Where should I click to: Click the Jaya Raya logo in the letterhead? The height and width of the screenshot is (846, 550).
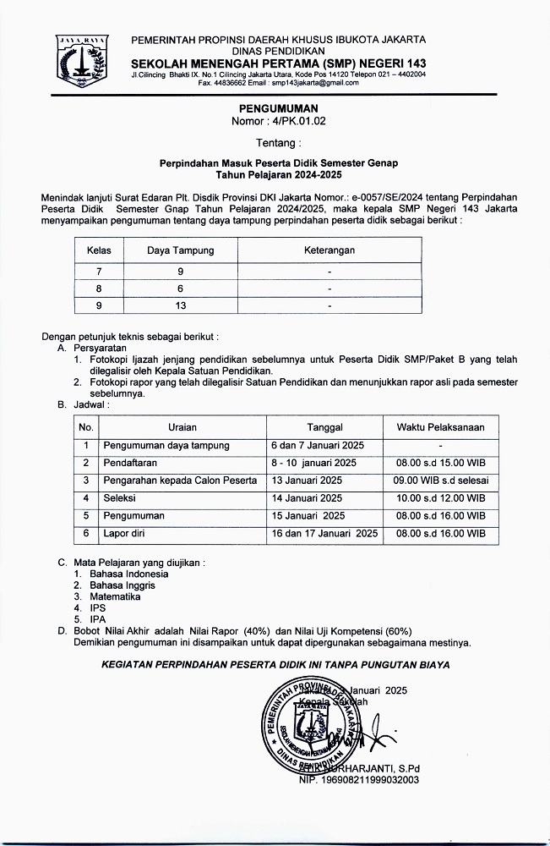click(x=82, y=62)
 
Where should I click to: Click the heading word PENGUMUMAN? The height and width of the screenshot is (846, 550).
click(x=278, y=109)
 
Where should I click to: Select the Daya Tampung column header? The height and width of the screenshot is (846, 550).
click(x=181, y=250)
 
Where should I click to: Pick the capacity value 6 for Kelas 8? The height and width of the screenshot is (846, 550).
click(x=181, y=288)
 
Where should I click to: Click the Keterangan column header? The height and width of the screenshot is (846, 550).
click(x=329, y=250)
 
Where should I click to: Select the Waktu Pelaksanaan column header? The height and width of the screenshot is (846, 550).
click(x=440, y=427)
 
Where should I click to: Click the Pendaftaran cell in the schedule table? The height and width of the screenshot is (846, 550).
click(x=130, y=463)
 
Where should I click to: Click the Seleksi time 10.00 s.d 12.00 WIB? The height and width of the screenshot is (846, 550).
click(x=440, y=498)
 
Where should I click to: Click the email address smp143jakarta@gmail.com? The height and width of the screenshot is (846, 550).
click(x=310, y=83)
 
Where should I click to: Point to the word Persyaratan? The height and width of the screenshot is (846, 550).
click(x=97, y=348)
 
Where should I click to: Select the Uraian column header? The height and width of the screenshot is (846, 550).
click(x=182, y=427)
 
